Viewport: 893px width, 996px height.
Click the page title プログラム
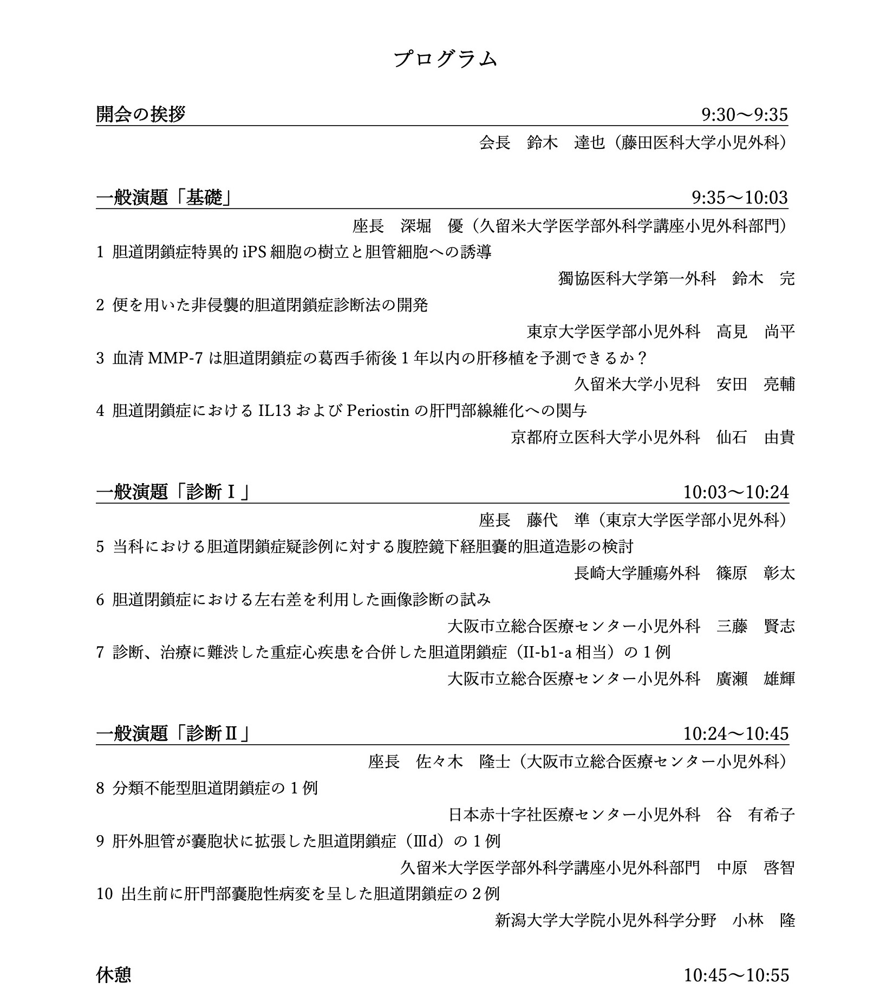tap(445, 58)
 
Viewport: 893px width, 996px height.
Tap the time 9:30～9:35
tap(744, 115)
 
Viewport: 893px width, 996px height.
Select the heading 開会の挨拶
tap(141, 114)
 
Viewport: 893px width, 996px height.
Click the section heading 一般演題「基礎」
tap(164, 198)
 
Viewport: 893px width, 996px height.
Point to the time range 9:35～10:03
tap(740, 198)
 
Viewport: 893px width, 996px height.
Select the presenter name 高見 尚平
tap(755, 331)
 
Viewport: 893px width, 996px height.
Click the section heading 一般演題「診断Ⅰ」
tap(172, 492)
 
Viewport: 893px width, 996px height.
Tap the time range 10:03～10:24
tap(736, 492)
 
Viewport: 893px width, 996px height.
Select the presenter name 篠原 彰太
tap(755, 573)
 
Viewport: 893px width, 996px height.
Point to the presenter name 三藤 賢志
tap(755, 627)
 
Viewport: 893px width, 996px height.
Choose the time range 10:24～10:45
tap(736, 734)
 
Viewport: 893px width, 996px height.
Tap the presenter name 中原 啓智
tap(755, 868)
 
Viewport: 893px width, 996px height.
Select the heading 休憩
tap(114, 975)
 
